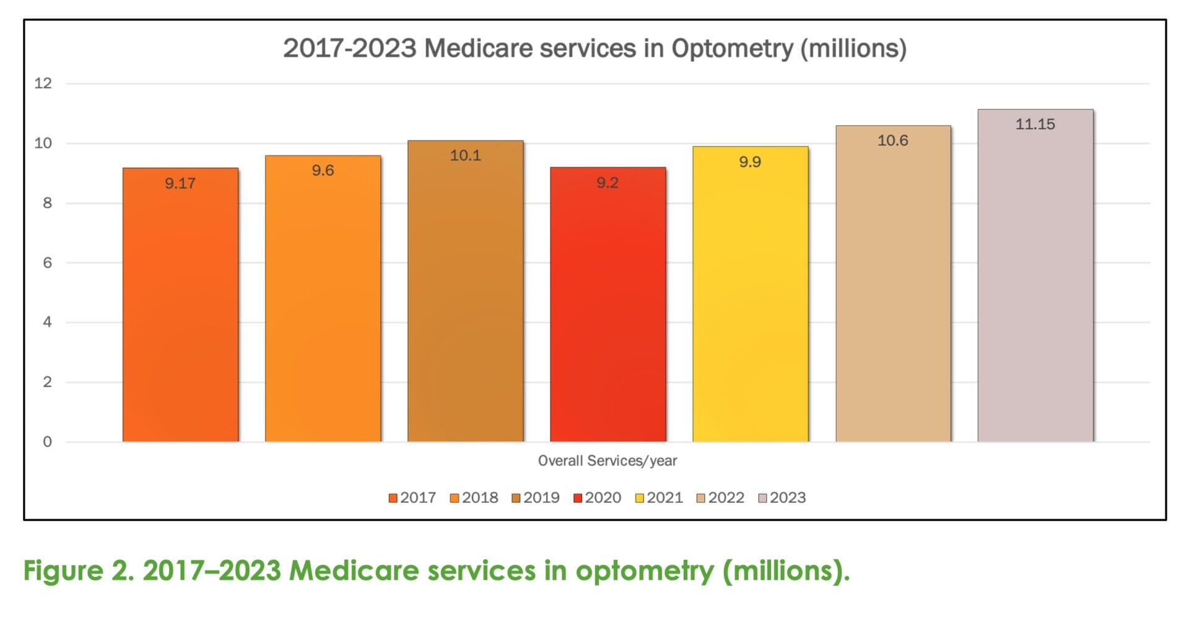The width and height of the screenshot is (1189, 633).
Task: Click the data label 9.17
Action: (x=180, y=183)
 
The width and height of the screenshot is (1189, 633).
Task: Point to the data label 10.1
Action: (x=465, y=155)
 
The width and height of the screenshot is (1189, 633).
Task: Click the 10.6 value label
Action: (x=892, y=141)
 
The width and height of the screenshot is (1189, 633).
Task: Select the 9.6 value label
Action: (x=323, y=170)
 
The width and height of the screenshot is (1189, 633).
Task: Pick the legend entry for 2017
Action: (x=412, y=498)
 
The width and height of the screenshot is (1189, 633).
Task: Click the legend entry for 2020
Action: (x=597, y=498)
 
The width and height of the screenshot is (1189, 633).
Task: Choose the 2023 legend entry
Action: (x=782, y=498)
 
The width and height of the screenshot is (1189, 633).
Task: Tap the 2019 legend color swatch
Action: (x=516, y=499)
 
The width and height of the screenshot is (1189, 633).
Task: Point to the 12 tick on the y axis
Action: (x=43, y=83)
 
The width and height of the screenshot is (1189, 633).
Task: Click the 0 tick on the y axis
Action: (x=47, y=442)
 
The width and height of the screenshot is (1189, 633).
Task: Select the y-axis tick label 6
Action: (x=47, y=263)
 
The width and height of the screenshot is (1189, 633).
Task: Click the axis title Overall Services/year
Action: (x=607, y=461)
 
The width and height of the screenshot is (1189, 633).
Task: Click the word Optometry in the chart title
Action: (x=731, y=48)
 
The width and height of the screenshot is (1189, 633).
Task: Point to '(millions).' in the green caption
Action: (x=786, y=570)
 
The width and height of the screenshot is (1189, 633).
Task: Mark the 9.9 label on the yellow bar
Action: (x=750, y=162)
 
